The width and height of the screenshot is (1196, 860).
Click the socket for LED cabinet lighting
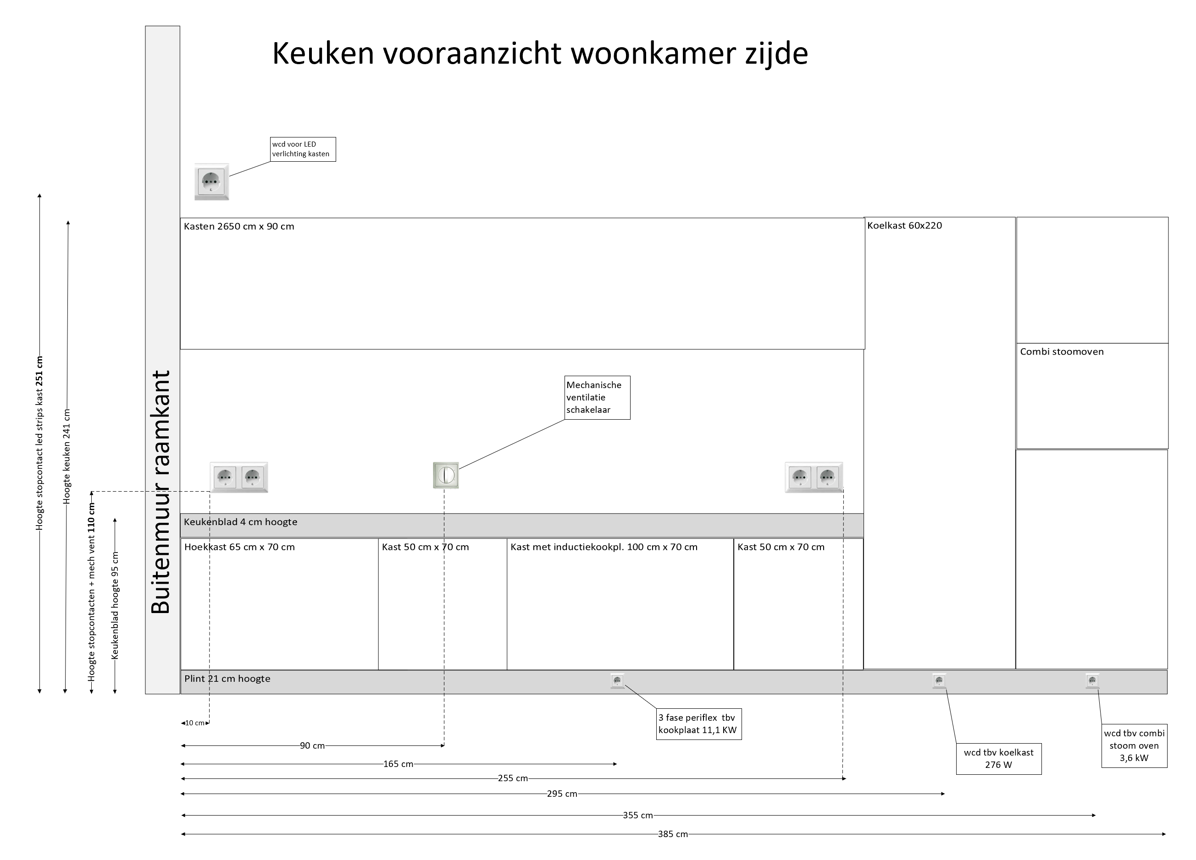[x=211, y=182]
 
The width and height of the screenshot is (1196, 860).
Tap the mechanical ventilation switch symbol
[x=446, y=475]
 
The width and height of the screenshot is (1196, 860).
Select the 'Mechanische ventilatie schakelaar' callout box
[x=597, y=397]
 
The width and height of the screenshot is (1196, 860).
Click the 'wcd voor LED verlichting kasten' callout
[x=302, y=149]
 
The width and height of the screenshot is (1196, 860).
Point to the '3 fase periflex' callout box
[x=698, y=724]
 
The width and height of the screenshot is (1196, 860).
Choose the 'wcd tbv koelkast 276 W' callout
[x=998, y=759]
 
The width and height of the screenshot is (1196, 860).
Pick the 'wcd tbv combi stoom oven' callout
[x=1134, y=745]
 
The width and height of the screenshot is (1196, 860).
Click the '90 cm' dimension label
[x=312, y=745]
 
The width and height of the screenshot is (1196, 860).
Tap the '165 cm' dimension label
[x=398, y=764]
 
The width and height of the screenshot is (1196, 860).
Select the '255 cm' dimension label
[x=513, y=778]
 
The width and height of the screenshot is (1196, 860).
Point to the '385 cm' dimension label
[x=672, y=834]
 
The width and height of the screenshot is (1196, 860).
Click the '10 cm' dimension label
[x=194, y=723]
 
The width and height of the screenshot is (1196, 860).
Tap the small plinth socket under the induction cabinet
[x=617, y=681]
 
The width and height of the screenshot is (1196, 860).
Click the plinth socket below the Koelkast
[x=939, y=681]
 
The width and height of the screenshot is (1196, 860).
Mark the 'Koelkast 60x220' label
[x=904, y=225]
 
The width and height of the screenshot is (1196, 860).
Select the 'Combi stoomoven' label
[x=1062, y=351]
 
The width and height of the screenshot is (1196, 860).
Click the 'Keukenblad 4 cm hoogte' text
[x=240, y=522]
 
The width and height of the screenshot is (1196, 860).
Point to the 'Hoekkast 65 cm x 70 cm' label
[x=239, y=547]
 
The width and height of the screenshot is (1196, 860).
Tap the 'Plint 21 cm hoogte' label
[x=227, y=679]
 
